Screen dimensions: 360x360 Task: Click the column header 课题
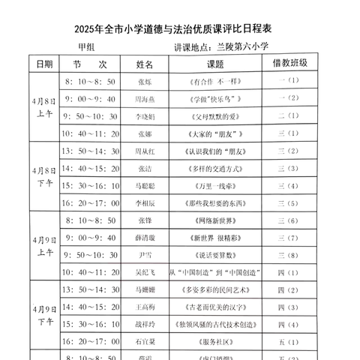(216, 64)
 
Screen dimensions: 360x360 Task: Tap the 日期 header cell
(44, 64)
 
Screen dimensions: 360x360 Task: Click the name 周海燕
(147, 99)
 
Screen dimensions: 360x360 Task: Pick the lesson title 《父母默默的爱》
(216, 116)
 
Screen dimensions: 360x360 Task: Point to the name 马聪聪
(147, 185)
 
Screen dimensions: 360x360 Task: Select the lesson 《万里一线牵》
(216, 185)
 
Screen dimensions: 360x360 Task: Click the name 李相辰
(147, 203)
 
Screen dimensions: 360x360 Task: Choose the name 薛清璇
(147, 238)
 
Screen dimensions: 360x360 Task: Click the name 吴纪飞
(147, 272)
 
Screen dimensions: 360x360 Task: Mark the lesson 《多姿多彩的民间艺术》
(216, 289)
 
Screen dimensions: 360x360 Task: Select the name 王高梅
(147, 307)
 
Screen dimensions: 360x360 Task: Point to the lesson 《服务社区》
(216, 341)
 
